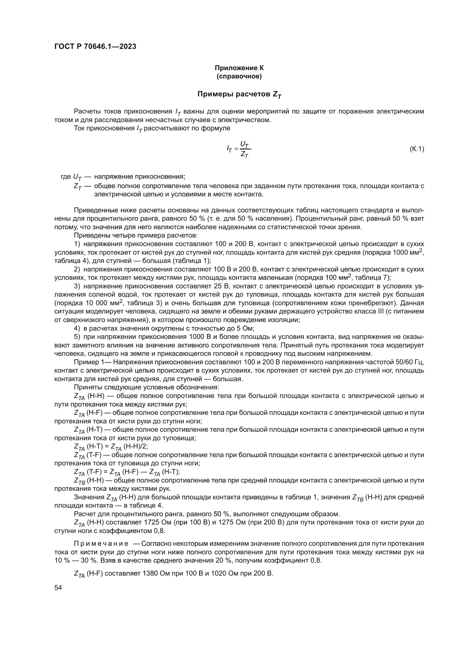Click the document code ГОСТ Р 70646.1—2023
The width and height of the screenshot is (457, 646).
[x=95, y=46]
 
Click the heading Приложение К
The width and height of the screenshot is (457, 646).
[x=239, y=68]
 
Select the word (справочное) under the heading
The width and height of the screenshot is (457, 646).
[x=239, y=76]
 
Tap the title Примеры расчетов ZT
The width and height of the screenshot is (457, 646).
[x=239, y=94]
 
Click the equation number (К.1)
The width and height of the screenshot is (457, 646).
[x=416, y=149]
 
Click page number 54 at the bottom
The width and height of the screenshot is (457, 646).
[x=58, y=588]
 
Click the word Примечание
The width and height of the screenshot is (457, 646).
[x=101, y=544]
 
